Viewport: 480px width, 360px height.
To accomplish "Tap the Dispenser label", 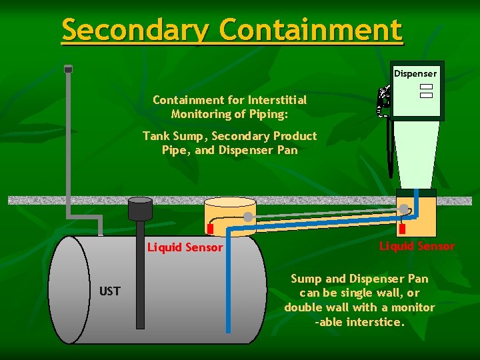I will click(x=415, y=73).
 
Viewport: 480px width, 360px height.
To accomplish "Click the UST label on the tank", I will click(x=110, y=291).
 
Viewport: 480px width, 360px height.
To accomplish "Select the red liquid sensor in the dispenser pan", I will click(x=402, y=229).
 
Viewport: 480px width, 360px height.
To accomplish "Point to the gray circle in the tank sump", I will click(x=248, y=217).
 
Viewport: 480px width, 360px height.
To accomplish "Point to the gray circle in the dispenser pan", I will click(x=405, y=209).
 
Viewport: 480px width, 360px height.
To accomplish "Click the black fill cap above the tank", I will click(x=140, y=201).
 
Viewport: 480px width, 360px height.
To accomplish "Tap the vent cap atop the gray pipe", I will click(x=68, y=68).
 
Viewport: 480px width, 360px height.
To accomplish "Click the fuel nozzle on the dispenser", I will click(x=384, y=100).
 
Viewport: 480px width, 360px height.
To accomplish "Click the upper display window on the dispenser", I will click(x=427, y=87).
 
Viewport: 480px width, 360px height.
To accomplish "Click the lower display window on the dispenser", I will click(x=427, y=95).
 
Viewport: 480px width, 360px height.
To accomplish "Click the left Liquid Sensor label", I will click(x=185, y=247).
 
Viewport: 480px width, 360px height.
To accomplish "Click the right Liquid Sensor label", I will click(x=417, y=246).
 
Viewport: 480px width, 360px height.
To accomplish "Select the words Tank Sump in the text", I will click(x=172, y=136).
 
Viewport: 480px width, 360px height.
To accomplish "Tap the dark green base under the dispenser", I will click(x=415, y=193).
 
